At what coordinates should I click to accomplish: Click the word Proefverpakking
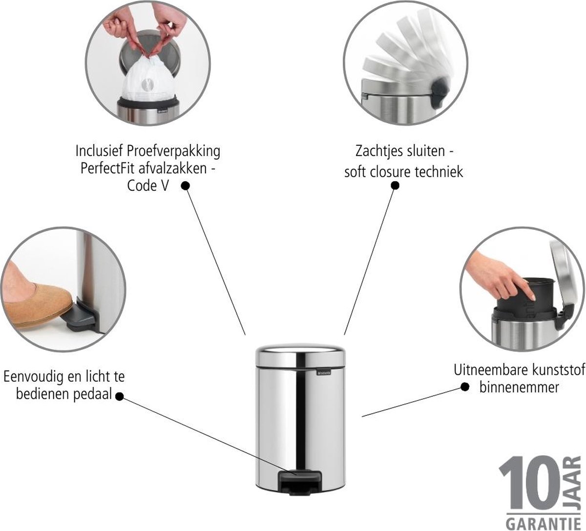tap(173, 152)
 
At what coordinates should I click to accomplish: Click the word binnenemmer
tap(519, 388)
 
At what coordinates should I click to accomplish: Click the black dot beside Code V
tap(185, 186)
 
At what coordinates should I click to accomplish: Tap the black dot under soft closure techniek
tap(395, 185)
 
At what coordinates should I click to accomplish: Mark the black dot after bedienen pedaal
tap(119, 397)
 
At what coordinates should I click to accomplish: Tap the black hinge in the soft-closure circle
tap(439, 91)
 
